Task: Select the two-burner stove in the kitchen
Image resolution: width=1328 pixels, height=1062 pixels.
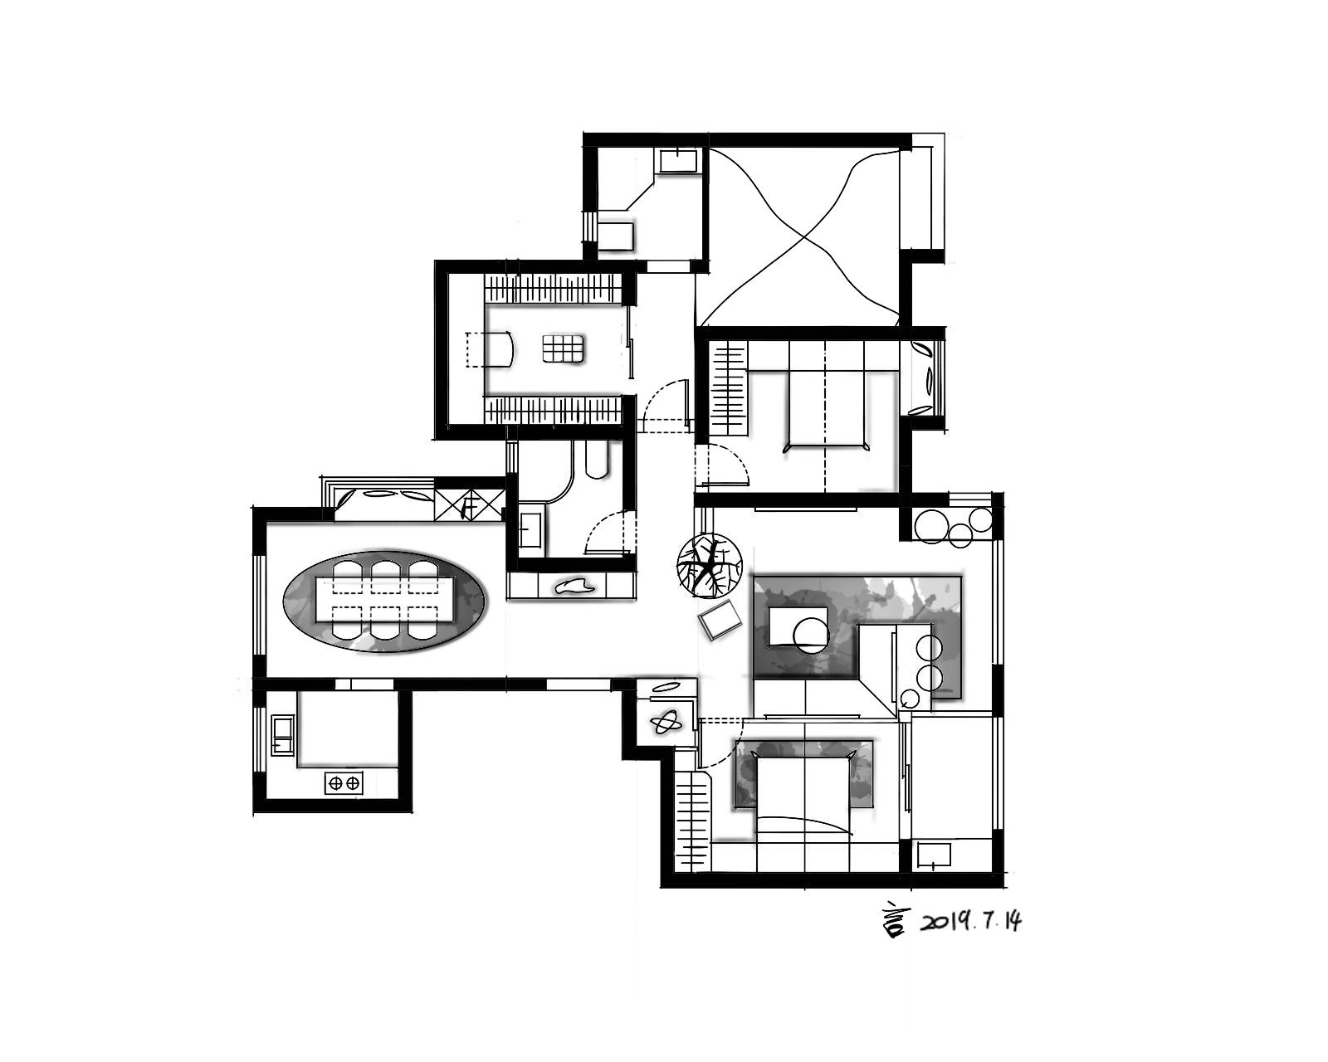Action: (344, 783)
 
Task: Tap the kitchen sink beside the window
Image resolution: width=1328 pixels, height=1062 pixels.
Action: (283, 736)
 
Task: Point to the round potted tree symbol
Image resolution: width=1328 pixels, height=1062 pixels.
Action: (708, 565)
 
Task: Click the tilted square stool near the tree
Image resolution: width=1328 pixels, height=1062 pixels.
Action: (719, 620)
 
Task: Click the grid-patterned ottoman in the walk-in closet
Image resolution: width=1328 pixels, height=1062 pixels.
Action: (563, 348)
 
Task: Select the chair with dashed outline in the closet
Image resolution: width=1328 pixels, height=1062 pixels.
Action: (491, 350)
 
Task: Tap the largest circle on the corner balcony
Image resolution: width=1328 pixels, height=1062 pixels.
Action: (930, 526)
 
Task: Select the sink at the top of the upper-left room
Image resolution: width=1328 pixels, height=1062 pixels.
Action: (679, 160)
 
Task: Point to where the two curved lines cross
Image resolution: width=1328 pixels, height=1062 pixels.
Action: (803, 239)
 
